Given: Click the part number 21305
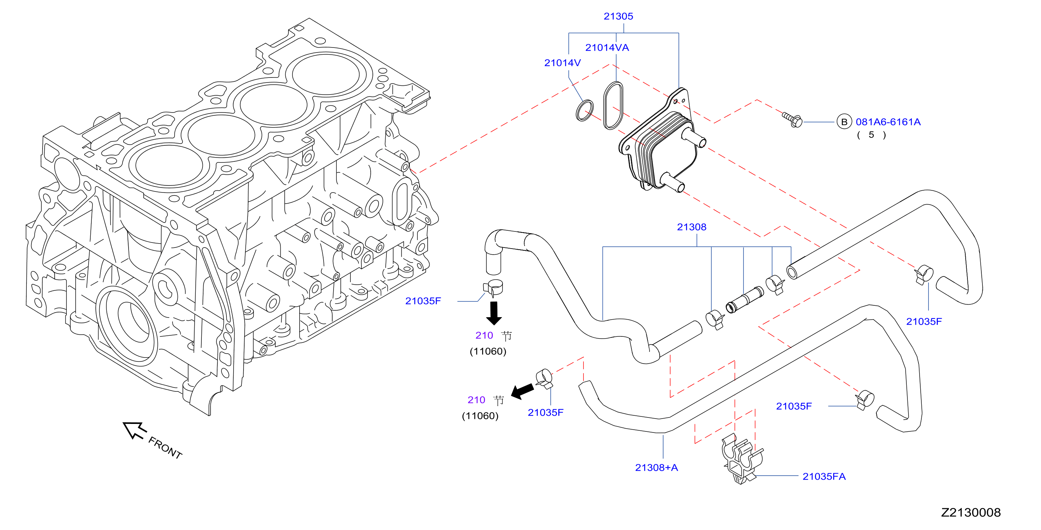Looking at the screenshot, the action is pyautogui.click(x=618, y=16).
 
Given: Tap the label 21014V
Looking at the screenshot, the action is pyautogui.click(x=562, y=62).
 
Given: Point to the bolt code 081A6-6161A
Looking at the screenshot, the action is pyautogui.click(x=888, y=122).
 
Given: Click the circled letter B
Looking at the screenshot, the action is pyautogui.click(x=844, y=122).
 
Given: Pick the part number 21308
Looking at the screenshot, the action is pyautogui.click(x=691, y=227).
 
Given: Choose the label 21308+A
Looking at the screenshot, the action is pyautogui.click(x=656, y=467).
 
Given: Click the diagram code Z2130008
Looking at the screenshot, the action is pyautogui.click(x=971, y=512).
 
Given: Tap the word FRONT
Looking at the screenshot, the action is pyautogui.click(x=165, y=447).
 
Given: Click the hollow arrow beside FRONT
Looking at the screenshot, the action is pyautogui.click(x=134, y=430).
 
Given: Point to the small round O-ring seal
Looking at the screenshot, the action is pyautogui.click(x=584, y=110).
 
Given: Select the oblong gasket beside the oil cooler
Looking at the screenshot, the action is pyautogui.click(x=613, y=105).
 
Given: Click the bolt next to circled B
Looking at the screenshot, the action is pyautogui.click(x=792, y=119).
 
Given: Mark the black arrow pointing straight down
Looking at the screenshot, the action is pyautogui.click(x=494, y=313).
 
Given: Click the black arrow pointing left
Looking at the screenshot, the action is pyautogui.click(x=522, y=391).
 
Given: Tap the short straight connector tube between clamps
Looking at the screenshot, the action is pyautogui.click(x=744, y=300).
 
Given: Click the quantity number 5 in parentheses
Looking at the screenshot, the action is pyautogui.click(x=871, y=135).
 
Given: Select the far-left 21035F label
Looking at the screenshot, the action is pyautogui.click(x=423, y=301).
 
